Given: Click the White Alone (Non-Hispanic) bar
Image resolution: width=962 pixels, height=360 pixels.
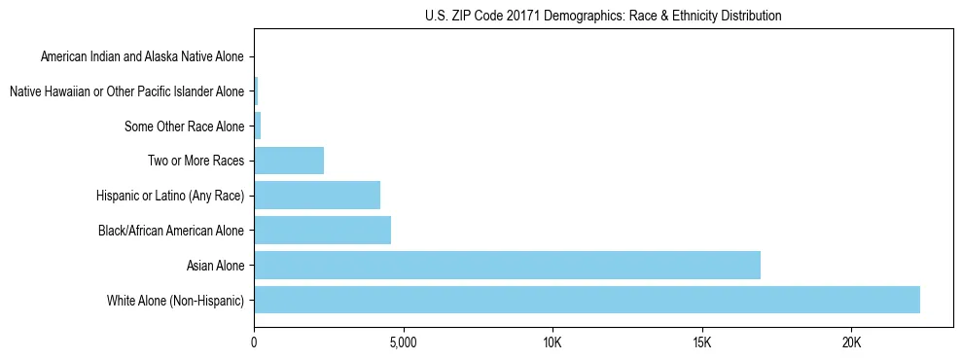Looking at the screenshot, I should click(587, 300).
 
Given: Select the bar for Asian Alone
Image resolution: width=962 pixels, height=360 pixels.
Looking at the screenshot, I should click(507, 265).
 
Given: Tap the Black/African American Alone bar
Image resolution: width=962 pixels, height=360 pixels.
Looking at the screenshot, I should click(322, 231).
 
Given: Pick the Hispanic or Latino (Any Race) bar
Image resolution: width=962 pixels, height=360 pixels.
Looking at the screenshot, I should click(317, 196).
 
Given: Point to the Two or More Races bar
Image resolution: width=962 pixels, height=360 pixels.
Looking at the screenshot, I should click(289, 161).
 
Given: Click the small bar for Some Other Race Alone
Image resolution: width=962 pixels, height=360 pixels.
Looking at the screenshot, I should click(258, 126).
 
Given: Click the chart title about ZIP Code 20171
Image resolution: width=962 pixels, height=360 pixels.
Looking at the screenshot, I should click(603, 16).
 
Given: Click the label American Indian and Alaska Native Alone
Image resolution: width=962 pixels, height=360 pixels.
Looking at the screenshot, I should click(142, 57).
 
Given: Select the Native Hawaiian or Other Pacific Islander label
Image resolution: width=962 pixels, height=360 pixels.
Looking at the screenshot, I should click(126, 92).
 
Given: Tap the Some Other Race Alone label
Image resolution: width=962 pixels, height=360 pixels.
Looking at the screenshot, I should click(185, 126).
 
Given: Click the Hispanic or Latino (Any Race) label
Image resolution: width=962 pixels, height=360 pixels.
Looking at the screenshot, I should click(170, 196).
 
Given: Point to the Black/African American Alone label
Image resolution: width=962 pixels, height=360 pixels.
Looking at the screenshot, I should click(171, 231).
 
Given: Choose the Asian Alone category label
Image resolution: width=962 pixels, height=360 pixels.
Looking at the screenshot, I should click(216, 266).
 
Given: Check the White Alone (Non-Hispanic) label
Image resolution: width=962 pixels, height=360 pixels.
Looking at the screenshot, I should click(176, 300).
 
